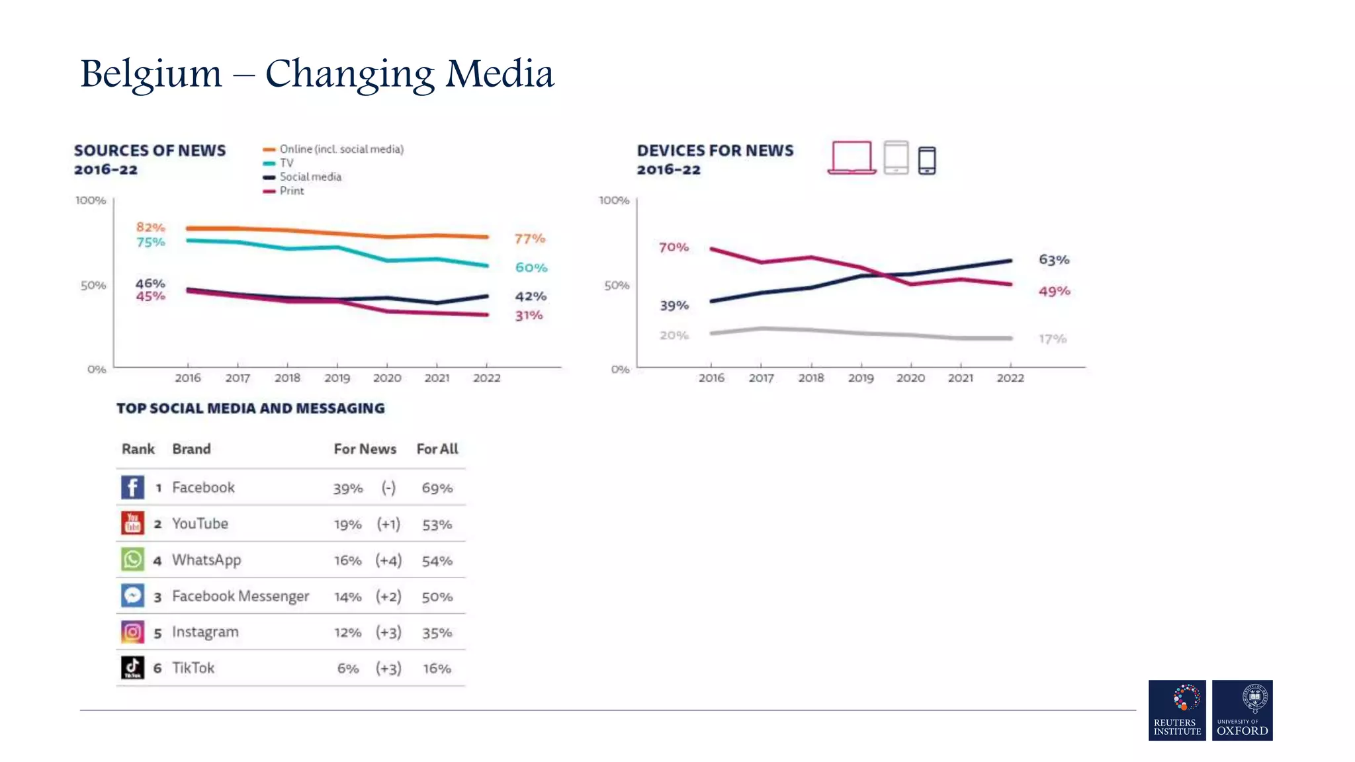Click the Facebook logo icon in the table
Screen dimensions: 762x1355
pos(132,487)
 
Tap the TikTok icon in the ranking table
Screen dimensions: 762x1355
pos(132,667)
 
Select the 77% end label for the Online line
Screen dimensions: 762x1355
pos(530,238)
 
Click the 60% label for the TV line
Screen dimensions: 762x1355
pos(531,267)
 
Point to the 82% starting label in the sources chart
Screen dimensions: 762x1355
pos(150,227)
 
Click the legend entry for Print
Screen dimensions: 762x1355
pos(284,191)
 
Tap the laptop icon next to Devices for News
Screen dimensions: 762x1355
pos(852,158)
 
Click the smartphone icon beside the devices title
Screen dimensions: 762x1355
pos(927,160)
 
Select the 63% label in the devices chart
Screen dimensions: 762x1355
pos(1054,259)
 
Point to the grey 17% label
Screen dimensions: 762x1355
pos(1052,339)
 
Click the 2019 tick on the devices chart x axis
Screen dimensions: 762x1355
pos(861,378)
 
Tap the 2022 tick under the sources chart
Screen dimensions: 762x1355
pos(486,378)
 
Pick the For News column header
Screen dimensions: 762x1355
pos(365,448)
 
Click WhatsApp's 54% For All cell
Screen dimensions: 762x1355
pos(437,561)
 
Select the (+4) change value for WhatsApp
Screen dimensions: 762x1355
pos(388,560)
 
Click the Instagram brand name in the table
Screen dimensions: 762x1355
pos(205,632)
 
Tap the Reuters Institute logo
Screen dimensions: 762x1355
pos(1177,710)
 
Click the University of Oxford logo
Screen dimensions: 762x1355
pos(1242,710)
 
